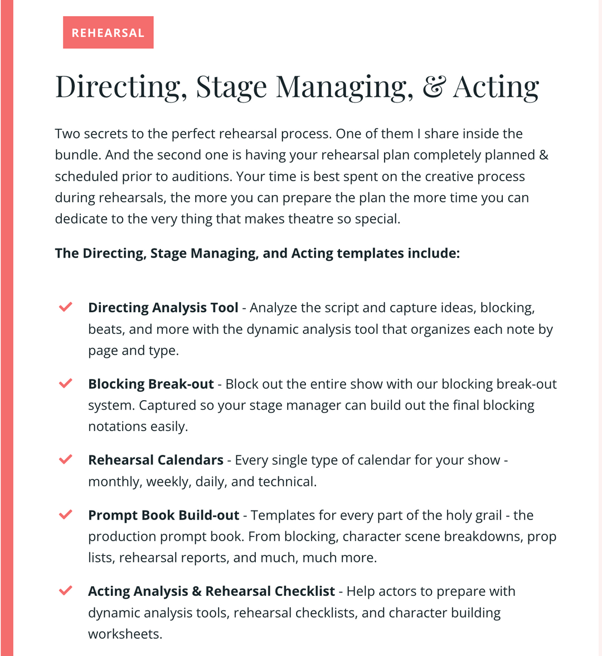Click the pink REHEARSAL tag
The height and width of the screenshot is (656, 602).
[108, 33]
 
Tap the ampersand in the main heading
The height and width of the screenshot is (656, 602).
[433, 88]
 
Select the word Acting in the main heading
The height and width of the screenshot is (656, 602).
[496, 88]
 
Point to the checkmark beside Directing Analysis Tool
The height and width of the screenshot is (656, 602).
[66, 307]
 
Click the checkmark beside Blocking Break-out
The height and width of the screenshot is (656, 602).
[66, 383]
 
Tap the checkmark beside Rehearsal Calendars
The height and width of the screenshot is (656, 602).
[66, 459]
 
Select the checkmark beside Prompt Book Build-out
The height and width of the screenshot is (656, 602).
[66, 514]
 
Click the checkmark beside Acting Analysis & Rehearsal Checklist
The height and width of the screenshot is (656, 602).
[66, 590]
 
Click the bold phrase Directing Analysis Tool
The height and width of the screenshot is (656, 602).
[163, 308]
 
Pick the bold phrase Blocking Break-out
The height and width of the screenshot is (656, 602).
[151, 384]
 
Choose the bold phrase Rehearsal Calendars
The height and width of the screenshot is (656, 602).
[156, 460]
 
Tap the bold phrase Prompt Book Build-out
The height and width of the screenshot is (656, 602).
[163, 515]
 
